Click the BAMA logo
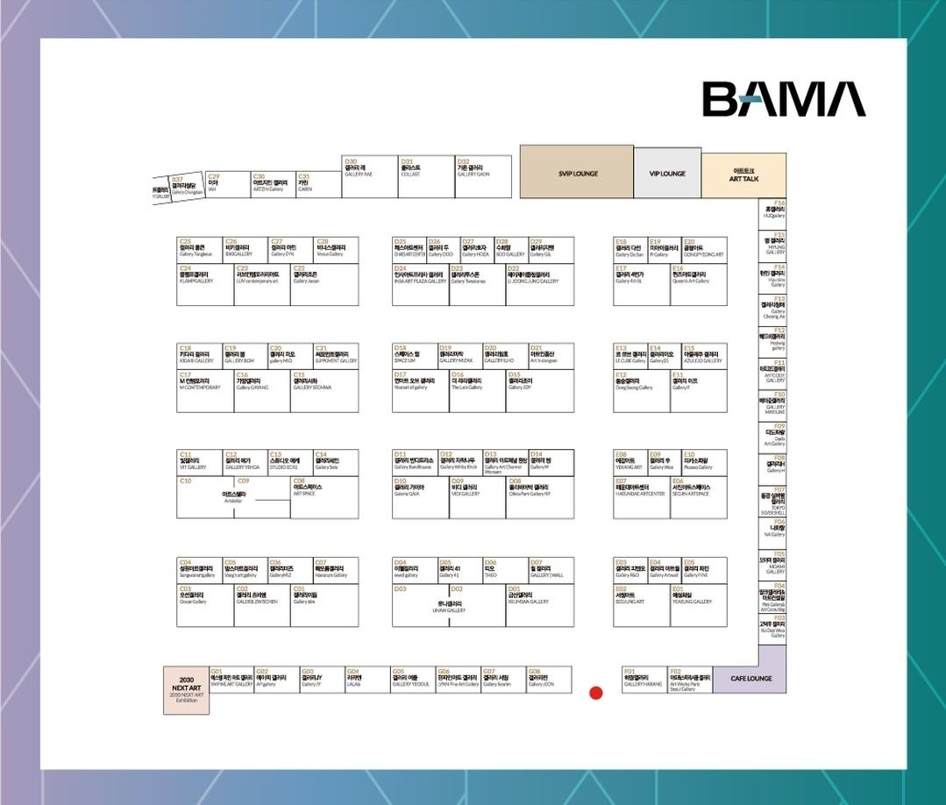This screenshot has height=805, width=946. [783, 99]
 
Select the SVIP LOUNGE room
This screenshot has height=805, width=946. [577, 172]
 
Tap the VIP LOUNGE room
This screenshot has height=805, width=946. [666, 173]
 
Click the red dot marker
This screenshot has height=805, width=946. [596, 693]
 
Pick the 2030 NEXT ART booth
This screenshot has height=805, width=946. [186, 690]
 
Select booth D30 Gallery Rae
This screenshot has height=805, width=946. [370, 176]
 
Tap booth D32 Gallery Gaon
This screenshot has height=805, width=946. [482, 176]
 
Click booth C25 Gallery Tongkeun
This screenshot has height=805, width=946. [199, 249]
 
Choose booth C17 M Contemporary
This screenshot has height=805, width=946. [205, 391]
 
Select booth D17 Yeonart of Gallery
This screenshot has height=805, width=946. [420, 391]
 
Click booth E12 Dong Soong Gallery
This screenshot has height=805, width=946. [642, 391]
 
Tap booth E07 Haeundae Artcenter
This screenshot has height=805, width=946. [642, 497]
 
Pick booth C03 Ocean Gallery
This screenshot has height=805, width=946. [205, 605]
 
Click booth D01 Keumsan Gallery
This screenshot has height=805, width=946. [540, 605]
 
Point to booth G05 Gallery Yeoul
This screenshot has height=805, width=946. [412, 680]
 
